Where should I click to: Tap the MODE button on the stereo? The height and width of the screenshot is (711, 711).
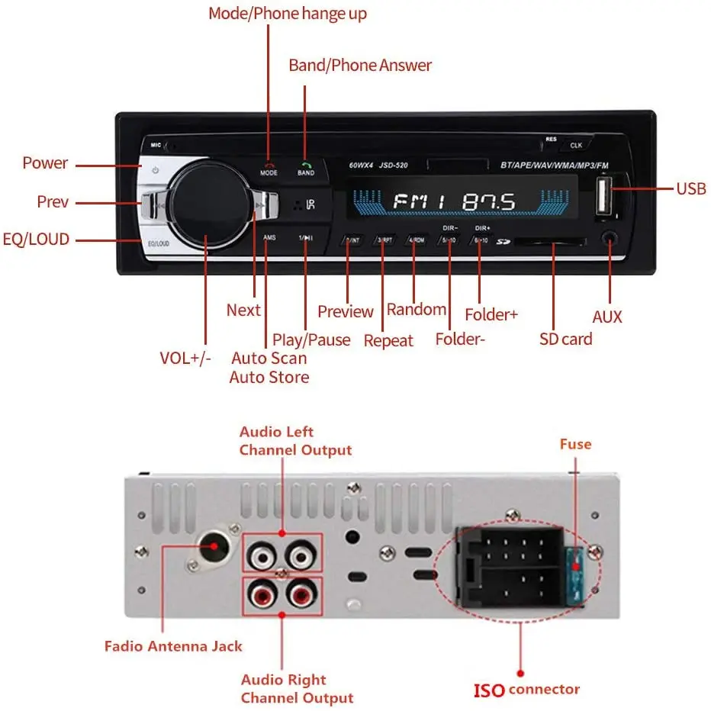(269, 168)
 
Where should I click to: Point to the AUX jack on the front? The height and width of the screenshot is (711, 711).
(609, 238)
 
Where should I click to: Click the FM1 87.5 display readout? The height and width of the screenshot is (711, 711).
(454, 202)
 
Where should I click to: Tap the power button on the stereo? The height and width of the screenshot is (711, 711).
(155, 170)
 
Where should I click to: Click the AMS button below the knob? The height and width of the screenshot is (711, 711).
(269, 238)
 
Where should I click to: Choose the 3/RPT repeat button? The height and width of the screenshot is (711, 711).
(384, 240)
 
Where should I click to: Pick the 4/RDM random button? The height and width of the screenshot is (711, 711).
(415, 240)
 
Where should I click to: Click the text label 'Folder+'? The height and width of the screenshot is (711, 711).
(491, 314)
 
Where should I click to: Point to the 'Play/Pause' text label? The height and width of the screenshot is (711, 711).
(311, 339)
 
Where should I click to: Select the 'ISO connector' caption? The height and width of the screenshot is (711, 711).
(526, 690)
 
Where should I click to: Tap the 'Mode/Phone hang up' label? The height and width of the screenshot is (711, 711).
(288, 14)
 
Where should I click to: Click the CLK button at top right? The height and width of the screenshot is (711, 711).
(576, 144)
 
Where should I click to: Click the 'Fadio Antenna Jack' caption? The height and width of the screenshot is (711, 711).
(173, 646)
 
